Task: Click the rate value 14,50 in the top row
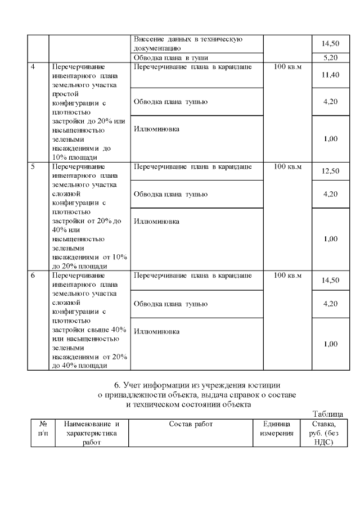(x=330, y=43)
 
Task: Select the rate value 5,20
(x=330, y=57)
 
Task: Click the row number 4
(x=33, y=67)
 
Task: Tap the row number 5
(x=33, y=167)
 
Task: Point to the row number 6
(x=33, y=276)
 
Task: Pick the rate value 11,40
(x=330, y=75)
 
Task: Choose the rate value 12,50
(x=330, y=172)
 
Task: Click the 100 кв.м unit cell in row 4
(x=287, y=67)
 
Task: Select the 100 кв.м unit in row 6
(x=287, y=276)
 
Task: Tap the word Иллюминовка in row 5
(x=156, y=221)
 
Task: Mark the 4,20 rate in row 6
(x=330, y=304)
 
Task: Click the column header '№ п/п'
(x=43, y=429)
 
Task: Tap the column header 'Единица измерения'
(x=277, y=429)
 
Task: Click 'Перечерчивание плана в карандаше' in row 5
(x=192, y=167)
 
